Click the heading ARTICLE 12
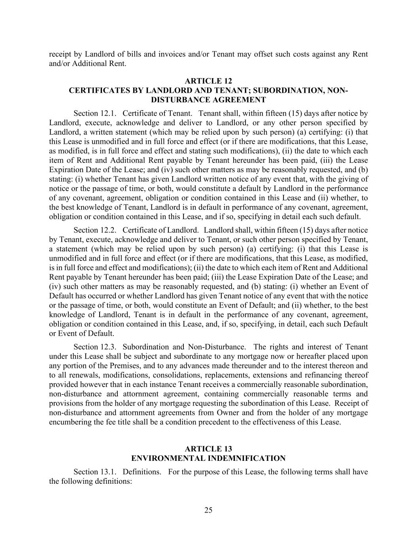208,81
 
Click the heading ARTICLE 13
208,449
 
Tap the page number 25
208,510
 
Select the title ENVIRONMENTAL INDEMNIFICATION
208,458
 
